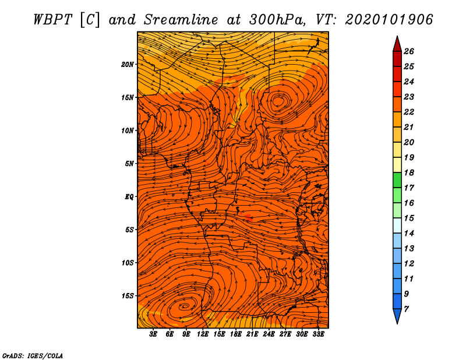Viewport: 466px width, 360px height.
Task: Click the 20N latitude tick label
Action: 127,65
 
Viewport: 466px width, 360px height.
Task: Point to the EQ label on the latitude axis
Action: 129,197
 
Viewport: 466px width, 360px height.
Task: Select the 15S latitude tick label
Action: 128,296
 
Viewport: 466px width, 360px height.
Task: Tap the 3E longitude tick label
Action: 153,334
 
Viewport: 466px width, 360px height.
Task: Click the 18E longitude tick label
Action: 236,334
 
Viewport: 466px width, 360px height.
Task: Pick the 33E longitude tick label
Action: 318,334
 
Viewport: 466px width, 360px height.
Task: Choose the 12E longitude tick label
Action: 203,334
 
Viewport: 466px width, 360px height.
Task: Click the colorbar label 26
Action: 409,51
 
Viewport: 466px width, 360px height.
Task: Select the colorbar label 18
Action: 409,172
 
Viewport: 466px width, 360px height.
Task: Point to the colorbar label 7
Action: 406,309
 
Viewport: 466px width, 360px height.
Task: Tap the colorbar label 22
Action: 409,112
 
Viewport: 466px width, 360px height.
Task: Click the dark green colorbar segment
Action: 397,180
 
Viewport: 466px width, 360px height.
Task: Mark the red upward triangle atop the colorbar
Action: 397,45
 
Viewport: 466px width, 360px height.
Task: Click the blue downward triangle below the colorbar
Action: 397,316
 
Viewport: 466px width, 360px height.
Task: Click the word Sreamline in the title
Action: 181,20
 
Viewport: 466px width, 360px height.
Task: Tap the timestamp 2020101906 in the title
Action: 389,20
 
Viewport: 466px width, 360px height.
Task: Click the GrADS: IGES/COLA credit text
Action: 33,356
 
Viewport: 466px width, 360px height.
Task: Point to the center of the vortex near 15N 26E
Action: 279,101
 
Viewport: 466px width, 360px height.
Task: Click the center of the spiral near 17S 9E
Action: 184,306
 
